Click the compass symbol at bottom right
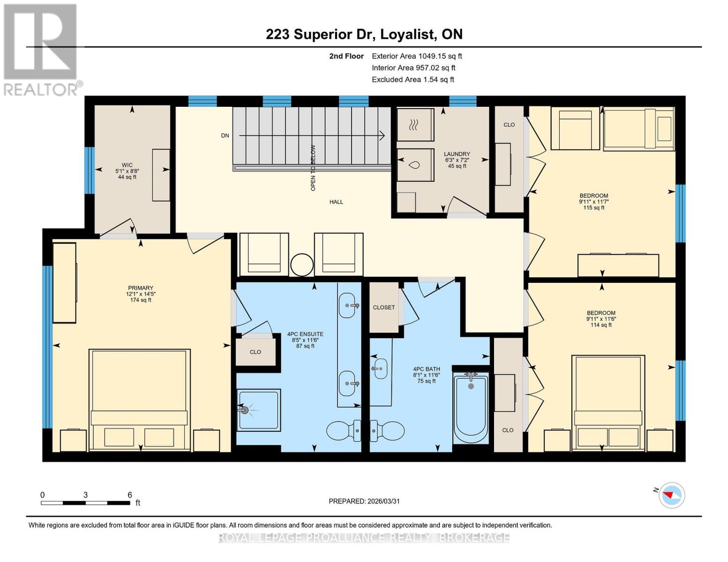(671, 495)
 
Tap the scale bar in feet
(85, 503)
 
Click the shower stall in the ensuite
(258, 410)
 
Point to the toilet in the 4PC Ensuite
(344, 430)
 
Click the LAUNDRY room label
(457, 154)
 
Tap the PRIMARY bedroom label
(141, 288)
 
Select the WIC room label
(127, 165)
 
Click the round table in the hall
(302, 265)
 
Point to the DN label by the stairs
(225, 136)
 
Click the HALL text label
(336, 202)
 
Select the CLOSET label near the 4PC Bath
(384, 307)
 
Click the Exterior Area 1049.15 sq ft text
(417, 56)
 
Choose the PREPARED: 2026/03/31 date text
(364, 501)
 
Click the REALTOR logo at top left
(41, 49)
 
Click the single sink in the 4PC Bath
(380, 369)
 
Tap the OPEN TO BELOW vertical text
(313, 168)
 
